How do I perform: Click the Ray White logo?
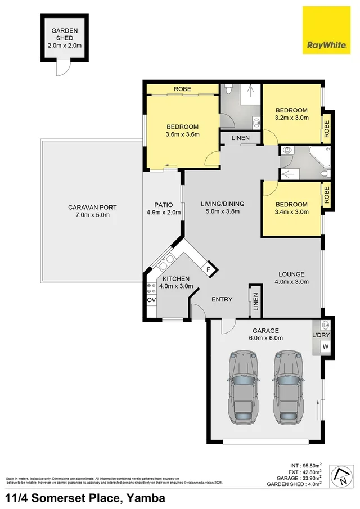point(326,31)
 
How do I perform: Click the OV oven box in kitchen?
point(151,300)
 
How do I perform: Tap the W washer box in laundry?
point(325,347)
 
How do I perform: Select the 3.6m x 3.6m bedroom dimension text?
point(183,134)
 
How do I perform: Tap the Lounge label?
point(291,274)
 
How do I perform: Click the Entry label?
point(222,299)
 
